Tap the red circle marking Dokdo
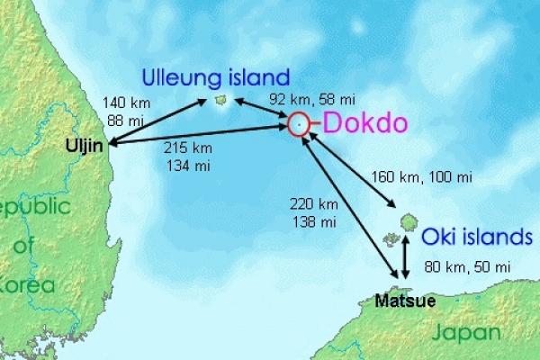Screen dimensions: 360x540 [x=300, y=125]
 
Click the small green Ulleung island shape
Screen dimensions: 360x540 [x=221, y=100]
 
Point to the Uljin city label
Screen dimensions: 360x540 [x=85, y=145]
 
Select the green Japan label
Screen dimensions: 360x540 [x=466, y=333]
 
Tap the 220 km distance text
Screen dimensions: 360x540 [x=312, y=204]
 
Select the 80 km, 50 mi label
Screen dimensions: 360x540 [x=467, y=266]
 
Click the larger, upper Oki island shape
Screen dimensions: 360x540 [x=407, y=220]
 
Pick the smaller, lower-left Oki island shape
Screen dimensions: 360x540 [x=391, y=238]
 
